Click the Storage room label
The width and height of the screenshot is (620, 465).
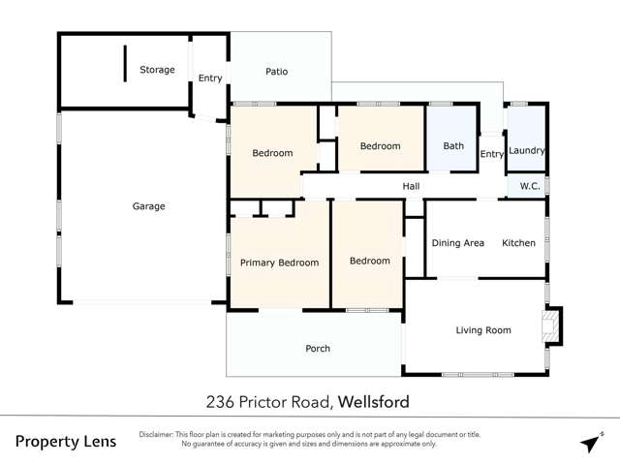157,70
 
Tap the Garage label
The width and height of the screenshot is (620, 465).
148,206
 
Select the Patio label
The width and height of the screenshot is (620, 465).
277,72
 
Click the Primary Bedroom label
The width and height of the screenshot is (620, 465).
279,263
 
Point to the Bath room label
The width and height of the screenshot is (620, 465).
453,146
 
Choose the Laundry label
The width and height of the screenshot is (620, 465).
527,150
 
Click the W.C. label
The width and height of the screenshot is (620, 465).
529,185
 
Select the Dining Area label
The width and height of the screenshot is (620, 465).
457,243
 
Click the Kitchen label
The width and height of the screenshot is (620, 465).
518,243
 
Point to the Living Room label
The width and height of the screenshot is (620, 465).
483,330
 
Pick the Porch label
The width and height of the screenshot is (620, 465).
318,349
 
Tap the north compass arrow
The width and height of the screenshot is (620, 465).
591,443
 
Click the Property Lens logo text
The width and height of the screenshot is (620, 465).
66,442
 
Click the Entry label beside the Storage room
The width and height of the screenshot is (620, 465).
210,78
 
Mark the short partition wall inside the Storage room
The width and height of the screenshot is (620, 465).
125,64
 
